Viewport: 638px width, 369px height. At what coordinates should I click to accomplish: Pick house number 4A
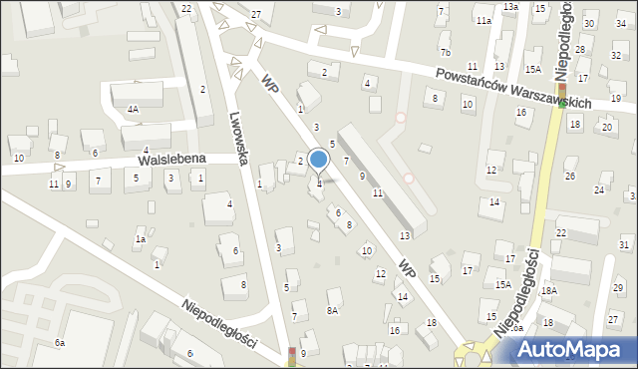pyautogui.click(x=132, y=110)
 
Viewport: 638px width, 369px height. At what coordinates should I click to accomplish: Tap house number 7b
pyautogui.click(x=446, y=52)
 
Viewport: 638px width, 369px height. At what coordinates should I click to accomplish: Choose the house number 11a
pyautogui.click(x=483, y=21)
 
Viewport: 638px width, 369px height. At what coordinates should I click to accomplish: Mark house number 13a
pyautogui.click(x=510, y=7)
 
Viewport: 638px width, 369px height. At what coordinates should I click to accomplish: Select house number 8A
pyautogui.click(x=332, y=310)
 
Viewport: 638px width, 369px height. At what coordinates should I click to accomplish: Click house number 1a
pyautogui.click(x=142, y=239)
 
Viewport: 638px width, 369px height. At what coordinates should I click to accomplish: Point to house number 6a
pyautogui.click(x=60, y=343)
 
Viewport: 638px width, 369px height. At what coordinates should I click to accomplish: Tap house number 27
pyautogui.click(x=256, y=14)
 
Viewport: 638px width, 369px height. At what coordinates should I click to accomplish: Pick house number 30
pyautogui.click(x=590, y=24)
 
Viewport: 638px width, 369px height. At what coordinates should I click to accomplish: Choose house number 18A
pyautogui.click(x=548, y=290)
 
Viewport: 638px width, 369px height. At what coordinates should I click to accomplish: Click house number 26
pyautogui.click(x=570, y=177)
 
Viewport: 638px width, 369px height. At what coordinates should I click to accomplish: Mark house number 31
pyautogui.click(x=623, y=244)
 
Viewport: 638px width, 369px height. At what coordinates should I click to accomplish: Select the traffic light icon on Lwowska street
pyautogui.click(x=292, y=355)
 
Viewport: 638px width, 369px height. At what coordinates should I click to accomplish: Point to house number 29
pyautogui.click(x=618, y=287)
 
